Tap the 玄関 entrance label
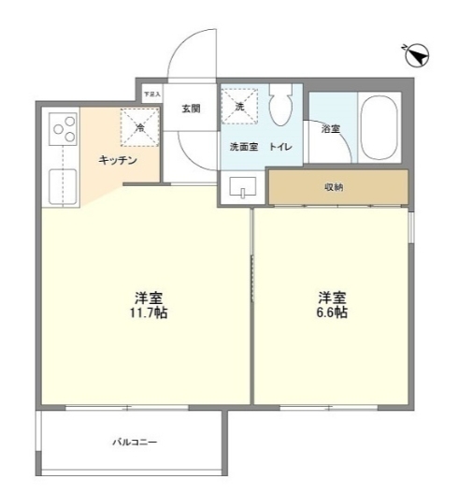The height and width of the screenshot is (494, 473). click(x=191, y=109)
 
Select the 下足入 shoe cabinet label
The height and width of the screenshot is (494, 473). click(x=151, y=94)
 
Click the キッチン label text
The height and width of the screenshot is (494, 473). click(x=119, y=160)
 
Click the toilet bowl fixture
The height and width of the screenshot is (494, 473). click(x=279, y=110)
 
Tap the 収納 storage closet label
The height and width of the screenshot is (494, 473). click(x=334, y=186)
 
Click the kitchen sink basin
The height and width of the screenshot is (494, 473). click(x=64, y=186)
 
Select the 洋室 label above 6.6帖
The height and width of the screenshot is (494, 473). click(x=332, y=297)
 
